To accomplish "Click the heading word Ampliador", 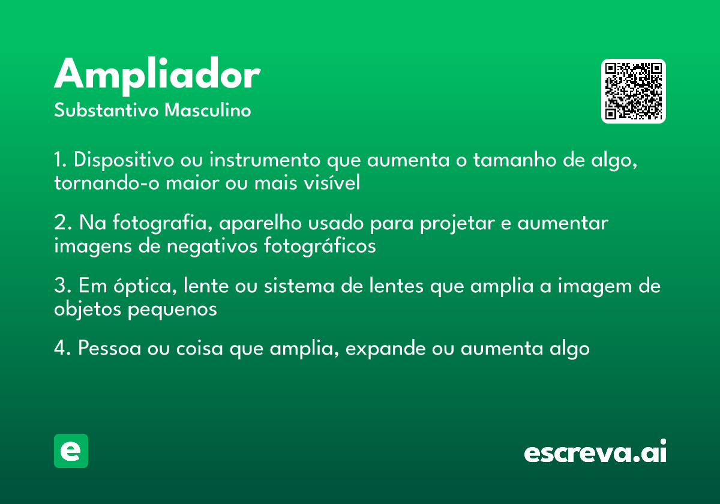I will pos(157,76).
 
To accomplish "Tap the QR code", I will pos(634,91).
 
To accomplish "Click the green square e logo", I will pos(71,451).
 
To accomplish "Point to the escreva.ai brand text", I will pos(595,452).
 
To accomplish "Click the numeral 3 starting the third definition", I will pos(59,286).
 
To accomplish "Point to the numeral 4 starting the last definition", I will pos(59,349).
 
